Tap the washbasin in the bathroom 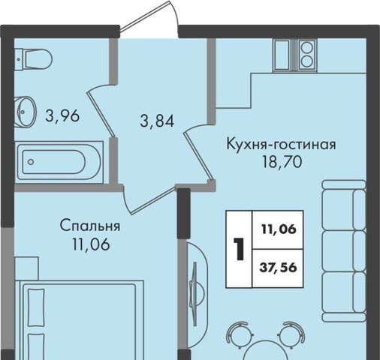point(26,112)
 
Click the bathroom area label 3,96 point(62,116)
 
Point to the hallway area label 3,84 point(157,121)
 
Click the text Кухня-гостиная point(281,145)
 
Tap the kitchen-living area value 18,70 point(282,162)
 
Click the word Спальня point(90,226)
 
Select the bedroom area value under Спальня point(91,244)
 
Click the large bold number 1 point(239,249)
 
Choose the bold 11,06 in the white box point(279,229)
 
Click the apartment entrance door point(149,19)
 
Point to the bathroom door point(101,111)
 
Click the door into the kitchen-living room point(198,152)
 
